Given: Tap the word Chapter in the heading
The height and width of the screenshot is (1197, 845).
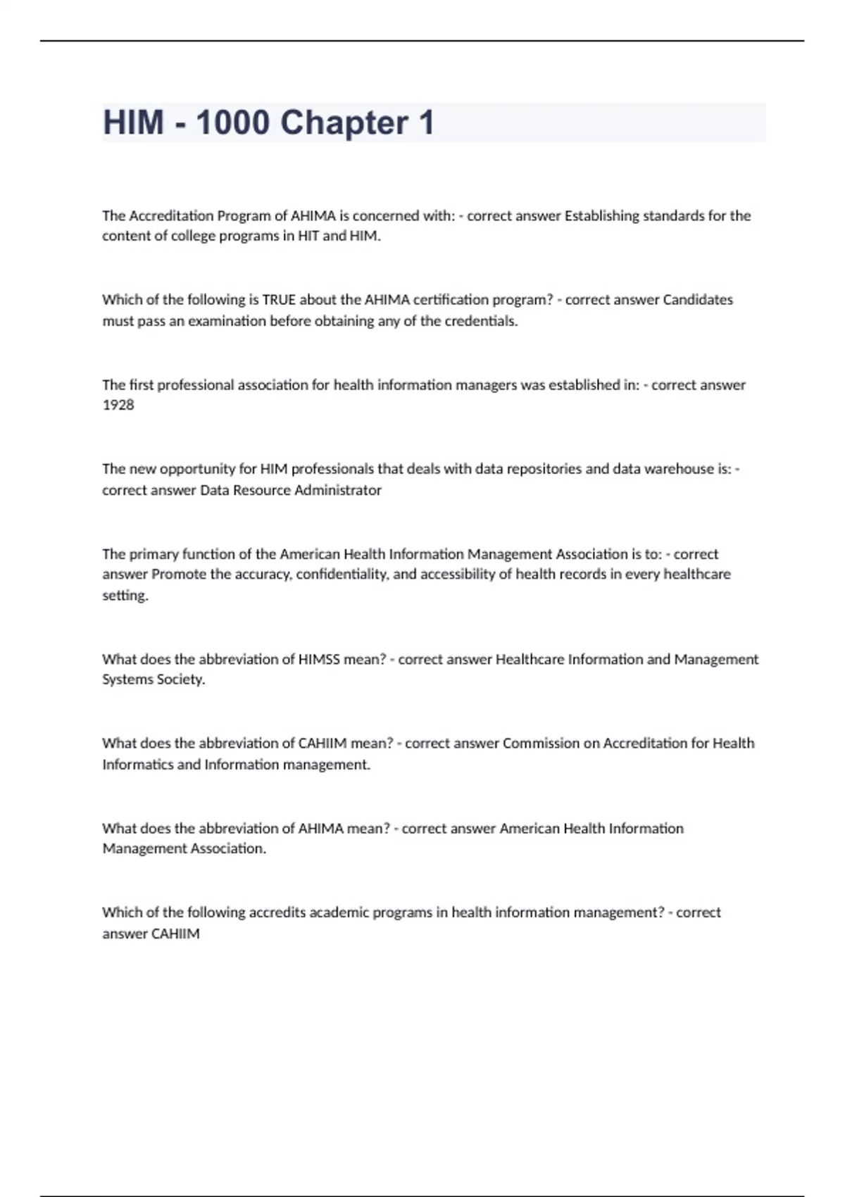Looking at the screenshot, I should [344, 123].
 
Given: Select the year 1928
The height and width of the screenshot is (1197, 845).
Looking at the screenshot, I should [118, 405].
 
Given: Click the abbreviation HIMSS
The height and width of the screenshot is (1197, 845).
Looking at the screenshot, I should [319, 659].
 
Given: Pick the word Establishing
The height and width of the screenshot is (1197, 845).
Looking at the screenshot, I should [602, 215].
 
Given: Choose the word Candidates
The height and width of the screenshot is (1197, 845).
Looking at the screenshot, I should [698, 300].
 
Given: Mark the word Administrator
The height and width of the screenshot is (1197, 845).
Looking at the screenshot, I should [337, 490].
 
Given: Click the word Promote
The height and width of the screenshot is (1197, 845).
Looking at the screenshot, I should [178, 575].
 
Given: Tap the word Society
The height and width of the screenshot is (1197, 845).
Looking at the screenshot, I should [181, 679].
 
